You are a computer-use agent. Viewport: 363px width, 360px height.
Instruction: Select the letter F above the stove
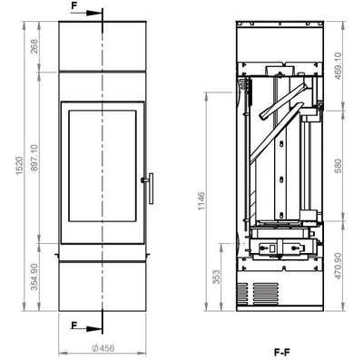[x=74, y=5]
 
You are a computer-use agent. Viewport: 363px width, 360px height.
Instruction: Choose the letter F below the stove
[x=74, y=324]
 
